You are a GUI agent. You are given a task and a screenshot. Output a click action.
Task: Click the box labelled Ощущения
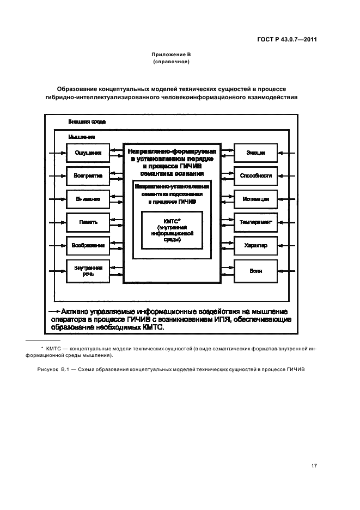coord(88,153)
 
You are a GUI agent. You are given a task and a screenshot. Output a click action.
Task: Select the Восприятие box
coord(88,175)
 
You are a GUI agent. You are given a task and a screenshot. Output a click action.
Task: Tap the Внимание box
coord(88,199)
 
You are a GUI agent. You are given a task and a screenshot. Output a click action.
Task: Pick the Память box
coord(88,222)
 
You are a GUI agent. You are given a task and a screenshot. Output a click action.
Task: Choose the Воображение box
coord(88,245)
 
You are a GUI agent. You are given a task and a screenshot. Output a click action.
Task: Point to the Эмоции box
coord(255,153)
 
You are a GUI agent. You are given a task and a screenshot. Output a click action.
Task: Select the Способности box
coord(255,175)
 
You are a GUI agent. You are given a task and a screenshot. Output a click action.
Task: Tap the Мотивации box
coord(255,199)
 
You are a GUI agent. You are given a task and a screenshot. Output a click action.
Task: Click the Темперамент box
coord(255,222)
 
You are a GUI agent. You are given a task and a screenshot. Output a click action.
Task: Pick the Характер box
coord(255,245)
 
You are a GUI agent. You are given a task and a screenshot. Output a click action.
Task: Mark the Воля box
coord(255,271)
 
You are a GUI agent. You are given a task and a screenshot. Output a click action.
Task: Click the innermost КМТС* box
coord(172,229)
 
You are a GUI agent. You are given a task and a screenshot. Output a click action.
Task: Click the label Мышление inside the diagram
coord(82,136)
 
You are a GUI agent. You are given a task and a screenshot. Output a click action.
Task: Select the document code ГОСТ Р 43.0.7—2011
coord(287,40)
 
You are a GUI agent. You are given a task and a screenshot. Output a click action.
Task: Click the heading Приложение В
coord(172,55)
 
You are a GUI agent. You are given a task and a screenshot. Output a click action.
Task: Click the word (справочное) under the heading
coord(172,62)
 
